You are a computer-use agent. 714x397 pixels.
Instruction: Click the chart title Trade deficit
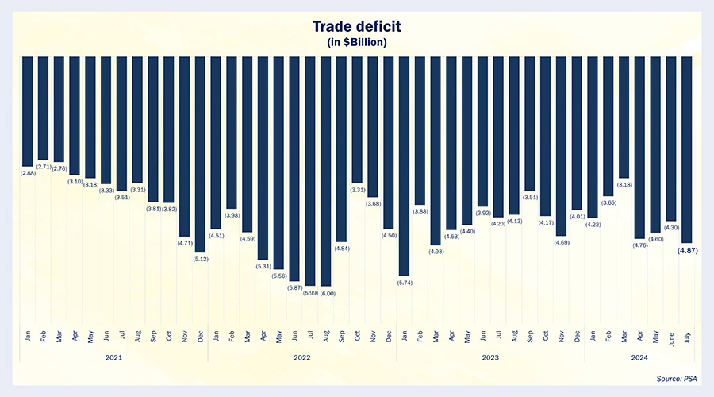tap(356, 27)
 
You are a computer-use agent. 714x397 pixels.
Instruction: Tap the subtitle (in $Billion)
tap(356, 41)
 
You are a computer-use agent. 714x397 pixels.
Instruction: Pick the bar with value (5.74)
tap(404, 166)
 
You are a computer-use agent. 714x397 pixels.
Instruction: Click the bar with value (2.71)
tap(43, 108)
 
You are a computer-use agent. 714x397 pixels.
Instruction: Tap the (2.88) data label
tap(27, 172)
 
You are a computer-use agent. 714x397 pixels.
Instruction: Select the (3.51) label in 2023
tap(529, 197)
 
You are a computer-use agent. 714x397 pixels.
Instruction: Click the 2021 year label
tap(113, 357)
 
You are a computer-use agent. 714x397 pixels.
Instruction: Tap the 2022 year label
tap(301, 357)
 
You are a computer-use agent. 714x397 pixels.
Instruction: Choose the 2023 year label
tap(490, 357)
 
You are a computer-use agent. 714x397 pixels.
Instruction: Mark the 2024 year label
tap(639, 357)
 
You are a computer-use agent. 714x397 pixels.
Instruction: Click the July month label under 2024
tap(687, 337)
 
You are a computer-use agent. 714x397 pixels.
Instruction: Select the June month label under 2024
tap(671, 337)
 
